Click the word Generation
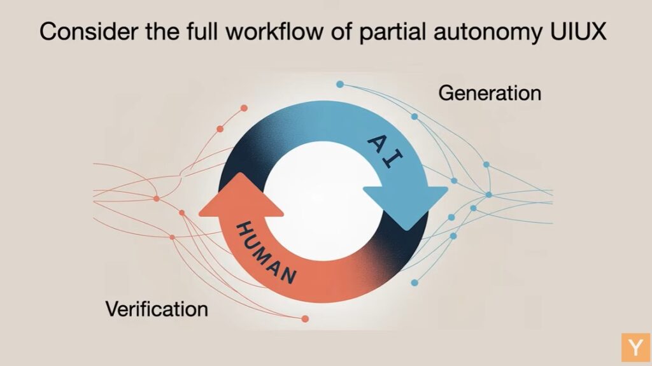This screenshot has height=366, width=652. [490, 93]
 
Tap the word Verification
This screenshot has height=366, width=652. [157, 309]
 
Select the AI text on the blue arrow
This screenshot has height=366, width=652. [385, 151]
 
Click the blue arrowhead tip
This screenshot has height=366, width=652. [407, 230]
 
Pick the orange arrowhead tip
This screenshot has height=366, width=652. [240, 173]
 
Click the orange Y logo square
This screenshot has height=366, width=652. [635, 347]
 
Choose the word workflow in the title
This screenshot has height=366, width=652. [274, 31]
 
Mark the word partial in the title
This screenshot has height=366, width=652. [392, 33]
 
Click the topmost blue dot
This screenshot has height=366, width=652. [340, 85]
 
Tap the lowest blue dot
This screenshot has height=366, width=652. [414, 283]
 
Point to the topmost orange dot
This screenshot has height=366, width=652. [244, 108]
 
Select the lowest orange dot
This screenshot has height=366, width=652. [305, 319]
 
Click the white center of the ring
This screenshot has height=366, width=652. [323, 195]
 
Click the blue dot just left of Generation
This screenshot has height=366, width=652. [414, 116]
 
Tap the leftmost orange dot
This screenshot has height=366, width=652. [157, 199]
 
